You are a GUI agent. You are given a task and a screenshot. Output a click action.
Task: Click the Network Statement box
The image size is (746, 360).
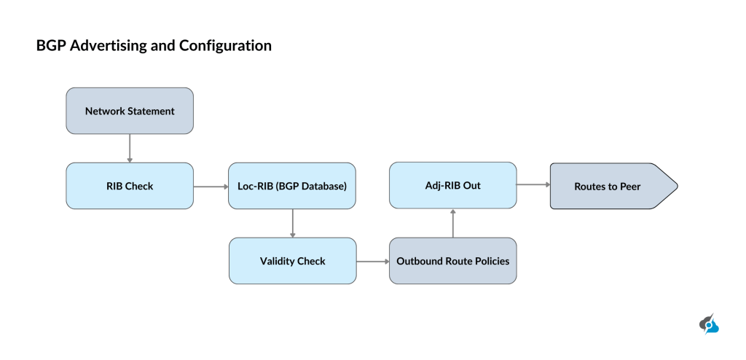[130, 111]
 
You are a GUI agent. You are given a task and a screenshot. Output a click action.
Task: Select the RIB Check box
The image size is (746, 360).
[130, 186]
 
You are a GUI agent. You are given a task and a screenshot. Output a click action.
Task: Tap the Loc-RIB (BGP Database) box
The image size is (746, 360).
[292, 186]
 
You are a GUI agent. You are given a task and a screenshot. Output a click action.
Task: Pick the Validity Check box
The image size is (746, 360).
[292, 261]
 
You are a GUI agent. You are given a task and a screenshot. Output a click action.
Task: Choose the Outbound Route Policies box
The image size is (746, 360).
[452, 261]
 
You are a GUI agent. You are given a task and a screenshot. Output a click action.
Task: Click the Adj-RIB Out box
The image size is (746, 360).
[452, 185]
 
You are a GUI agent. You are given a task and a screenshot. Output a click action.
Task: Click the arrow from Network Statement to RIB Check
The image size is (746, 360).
[130, 148]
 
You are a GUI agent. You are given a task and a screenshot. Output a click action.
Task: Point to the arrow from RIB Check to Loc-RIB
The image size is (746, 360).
[211, 186]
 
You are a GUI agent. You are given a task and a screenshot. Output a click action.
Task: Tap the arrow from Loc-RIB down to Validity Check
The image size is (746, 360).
[292, 223]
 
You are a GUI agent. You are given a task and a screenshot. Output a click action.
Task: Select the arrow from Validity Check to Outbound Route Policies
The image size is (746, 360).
[372, 261]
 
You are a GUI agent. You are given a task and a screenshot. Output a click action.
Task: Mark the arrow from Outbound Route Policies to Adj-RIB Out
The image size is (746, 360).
[453, 223]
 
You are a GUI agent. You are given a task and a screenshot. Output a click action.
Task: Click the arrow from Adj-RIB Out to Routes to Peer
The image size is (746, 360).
[533, 185]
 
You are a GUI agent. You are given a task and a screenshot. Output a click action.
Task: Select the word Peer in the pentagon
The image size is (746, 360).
[630, 186]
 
